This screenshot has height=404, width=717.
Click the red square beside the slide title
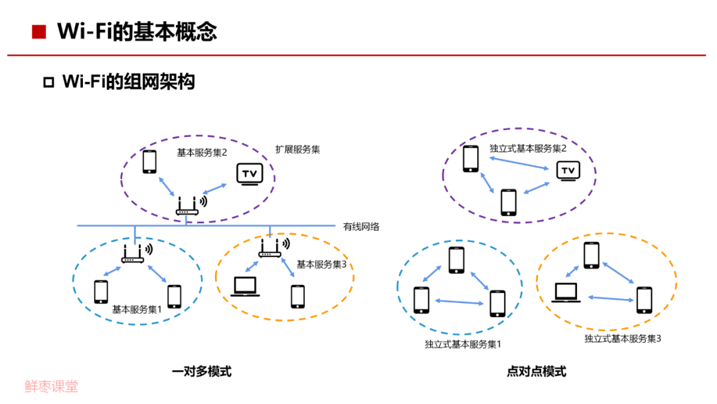coord(39,31)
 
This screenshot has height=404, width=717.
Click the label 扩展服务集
coord(298,150)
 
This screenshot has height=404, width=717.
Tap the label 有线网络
coord(361,227)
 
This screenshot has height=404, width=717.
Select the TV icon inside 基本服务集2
coord(250,174)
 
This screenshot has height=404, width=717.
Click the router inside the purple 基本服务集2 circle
coord(188,206)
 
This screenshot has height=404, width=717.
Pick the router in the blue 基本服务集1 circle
coord(133,252)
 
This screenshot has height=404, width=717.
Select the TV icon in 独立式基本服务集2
coord(568,171)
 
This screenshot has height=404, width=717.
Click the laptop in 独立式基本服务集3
coord(567,292)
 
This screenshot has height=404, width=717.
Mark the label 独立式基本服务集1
coord(463,344)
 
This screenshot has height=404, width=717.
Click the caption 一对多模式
coord(202,371)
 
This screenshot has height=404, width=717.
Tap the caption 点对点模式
coord(536,371)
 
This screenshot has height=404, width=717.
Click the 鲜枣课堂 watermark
coord(52,386)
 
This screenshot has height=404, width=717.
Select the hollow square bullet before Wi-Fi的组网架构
coord(48,82)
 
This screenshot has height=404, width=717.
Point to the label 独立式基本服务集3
coord(623,338)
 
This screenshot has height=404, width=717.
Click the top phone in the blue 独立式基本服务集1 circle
coord(456,260)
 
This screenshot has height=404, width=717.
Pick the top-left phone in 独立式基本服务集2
coord(471,159)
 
